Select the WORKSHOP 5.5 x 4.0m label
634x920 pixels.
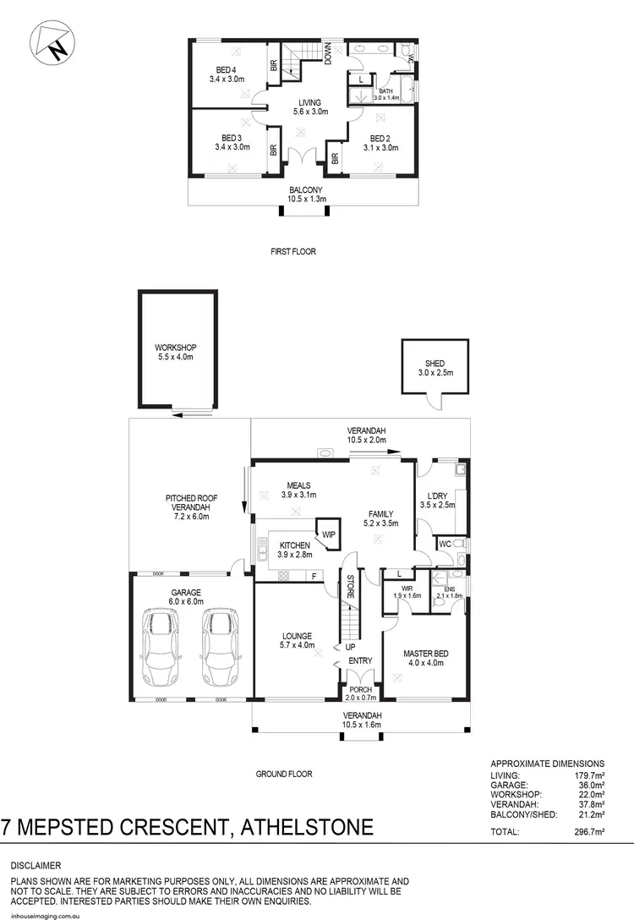coord(176,353)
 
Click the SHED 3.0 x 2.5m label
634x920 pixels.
coord(435,368)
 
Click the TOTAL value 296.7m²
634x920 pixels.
coord(588,832)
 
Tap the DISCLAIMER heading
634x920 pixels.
coord(36,866)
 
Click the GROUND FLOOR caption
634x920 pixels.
coord(285,774)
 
